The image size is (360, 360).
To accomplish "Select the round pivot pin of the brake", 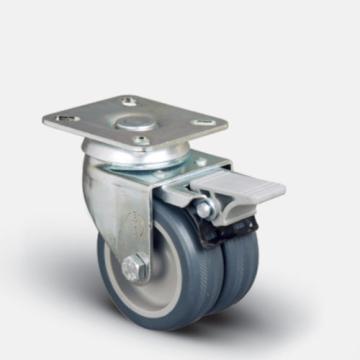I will coord(204,208).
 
